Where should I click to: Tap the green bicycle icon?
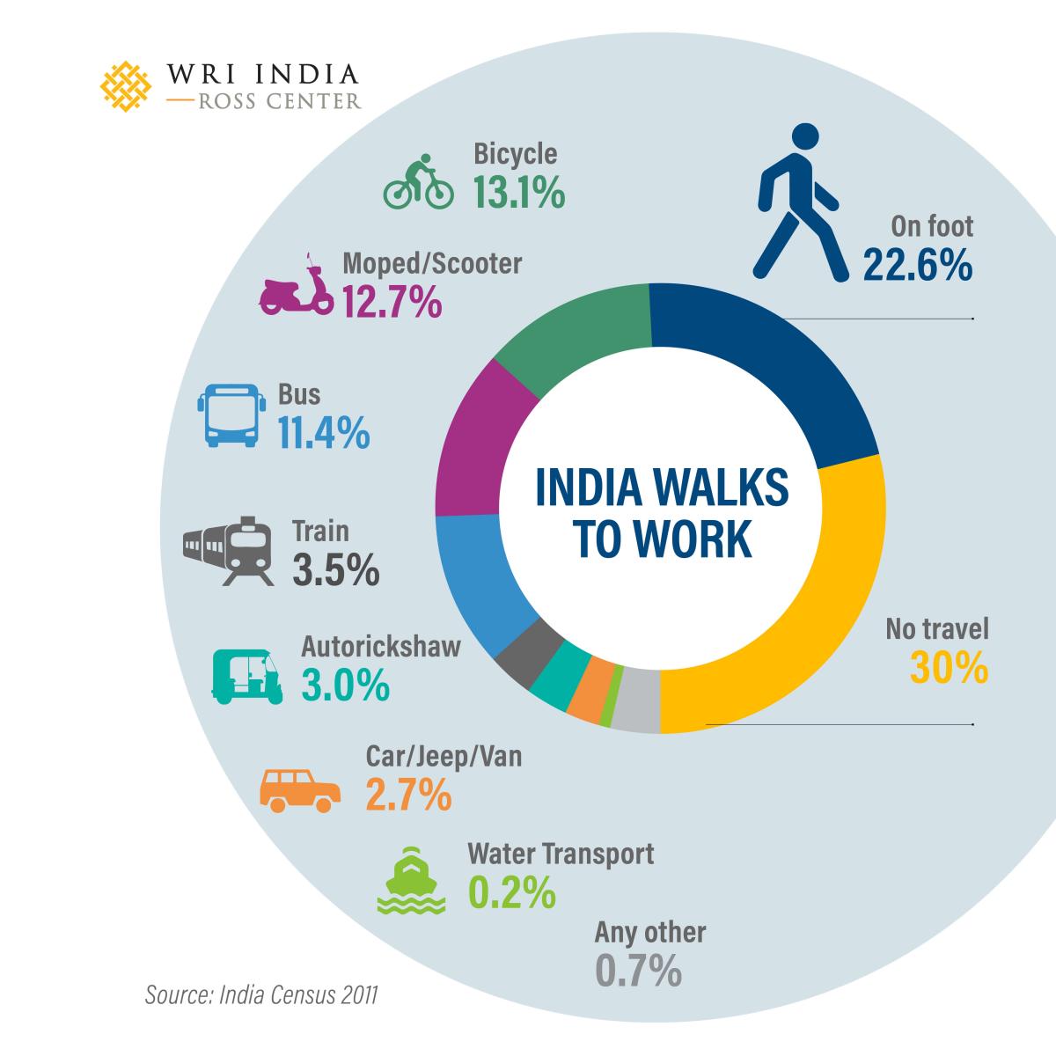[418, 183]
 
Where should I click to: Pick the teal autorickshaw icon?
[247, 675]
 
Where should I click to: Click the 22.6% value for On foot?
[917, 264]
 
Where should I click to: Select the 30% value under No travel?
[949, 668]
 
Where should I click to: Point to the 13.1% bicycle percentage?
[518, 193]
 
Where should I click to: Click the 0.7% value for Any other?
[639, 971]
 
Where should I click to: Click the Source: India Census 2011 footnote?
[261, 995]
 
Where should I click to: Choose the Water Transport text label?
[561, 854]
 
